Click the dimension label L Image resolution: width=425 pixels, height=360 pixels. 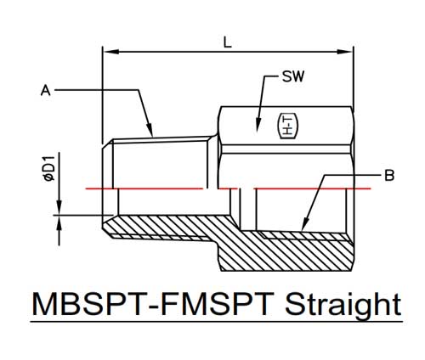pos(228,42)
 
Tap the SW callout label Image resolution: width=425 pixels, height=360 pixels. pos(293,76)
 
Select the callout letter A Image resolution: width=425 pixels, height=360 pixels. pos(46,91)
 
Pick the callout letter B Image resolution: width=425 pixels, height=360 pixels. pos(389,175)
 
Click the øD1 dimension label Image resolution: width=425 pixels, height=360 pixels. pos(49,168)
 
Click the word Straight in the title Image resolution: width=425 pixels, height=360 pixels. pos(343,305)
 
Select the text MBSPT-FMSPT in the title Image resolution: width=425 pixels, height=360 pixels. pos(153,304)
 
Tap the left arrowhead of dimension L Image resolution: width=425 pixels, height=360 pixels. pos(110,52)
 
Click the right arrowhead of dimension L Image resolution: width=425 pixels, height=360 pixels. pos(345,52)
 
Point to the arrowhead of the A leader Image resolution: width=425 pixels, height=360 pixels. pos(150,131)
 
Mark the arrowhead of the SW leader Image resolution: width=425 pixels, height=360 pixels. pos(258,125)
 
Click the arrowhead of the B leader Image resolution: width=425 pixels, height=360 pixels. pos(304,224)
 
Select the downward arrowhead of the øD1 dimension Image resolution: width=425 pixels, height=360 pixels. pos(59,207)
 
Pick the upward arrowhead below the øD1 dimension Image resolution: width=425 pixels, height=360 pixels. pos(59,223)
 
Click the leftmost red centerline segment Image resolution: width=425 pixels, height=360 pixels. pos(144,188)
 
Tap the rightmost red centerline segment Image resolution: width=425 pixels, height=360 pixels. pos(312,188)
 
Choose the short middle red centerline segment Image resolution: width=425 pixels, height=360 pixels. pos(229,188)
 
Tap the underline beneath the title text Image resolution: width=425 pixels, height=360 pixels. pos(217,322)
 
